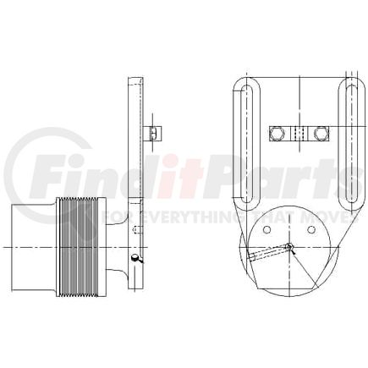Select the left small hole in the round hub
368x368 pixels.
pos(268,228)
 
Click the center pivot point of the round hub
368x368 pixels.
pos(288,247)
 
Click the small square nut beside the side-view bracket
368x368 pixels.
pos(152,133)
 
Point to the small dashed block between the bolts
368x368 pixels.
pos(297,133)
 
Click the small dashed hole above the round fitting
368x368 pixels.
pos(135,230)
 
